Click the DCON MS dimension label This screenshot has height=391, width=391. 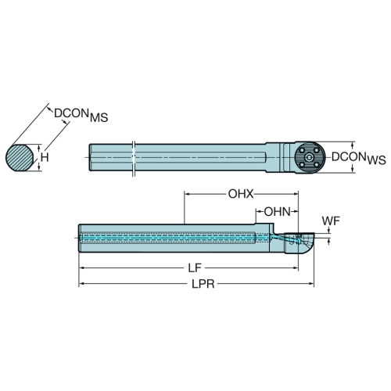click(81, 115)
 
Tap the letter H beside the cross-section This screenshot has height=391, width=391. click(45, 157)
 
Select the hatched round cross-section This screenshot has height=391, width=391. click(20, 157)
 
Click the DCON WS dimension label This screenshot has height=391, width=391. click(358, 158)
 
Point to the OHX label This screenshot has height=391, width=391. click(241, 194)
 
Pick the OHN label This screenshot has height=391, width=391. click(278, 212)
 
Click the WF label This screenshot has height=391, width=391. click(331, 221)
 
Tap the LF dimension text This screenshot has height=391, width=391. click(195, 267)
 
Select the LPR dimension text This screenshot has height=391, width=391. click(203, 284)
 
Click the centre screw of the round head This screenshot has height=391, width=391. click(310, 157)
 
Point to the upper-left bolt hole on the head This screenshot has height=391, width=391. click(302, 150)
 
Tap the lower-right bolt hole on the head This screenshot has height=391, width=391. click(317, 165)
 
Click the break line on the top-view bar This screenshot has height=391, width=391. click(133, 159)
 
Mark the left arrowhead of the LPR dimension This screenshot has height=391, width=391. click(81, 284)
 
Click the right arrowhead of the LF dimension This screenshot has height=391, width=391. click(296, 267)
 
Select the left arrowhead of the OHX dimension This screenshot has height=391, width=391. click(188, 194)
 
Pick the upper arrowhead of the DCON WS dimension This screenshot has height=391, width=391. click(353, 145)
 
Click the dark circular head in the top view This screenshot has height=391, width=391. click(310, 157)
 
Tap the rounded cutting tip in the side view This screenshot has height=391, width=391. click(300, 243)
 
